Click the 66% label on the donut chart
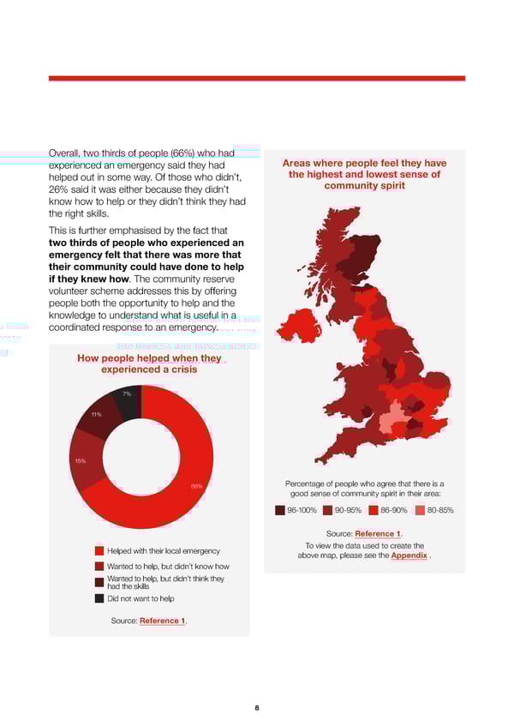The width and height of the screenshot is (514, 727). tap(196, 486)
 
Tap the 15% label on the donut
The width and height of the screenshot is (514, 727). tap(80, 460)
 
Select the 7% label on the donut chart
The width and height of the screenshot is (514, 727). tap(126, 394)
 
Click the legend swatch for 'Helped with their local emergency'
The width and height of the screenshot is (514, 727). tap(99, 550)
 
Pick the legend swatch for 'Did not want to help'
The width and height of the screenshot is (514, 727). tap(99, 598)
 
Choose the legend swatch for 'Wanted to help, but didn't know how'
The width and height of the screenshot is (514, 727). tap(99, 566)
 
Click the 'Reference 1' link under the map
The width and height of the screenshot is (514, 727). tap(378, 534)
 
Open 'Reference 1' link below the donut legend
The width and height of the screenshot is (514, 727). tap(162, 621)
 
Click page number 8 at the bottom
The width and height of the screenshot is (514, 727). tap(257, 708)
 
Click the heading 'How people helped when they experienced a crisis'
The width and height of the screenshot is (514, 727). tap(149, 363)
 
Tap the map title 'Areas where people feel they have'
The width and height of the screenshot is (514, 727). tap(364, 164)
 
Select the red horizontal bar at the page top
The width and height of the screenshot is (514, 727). tap(257, 78)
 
